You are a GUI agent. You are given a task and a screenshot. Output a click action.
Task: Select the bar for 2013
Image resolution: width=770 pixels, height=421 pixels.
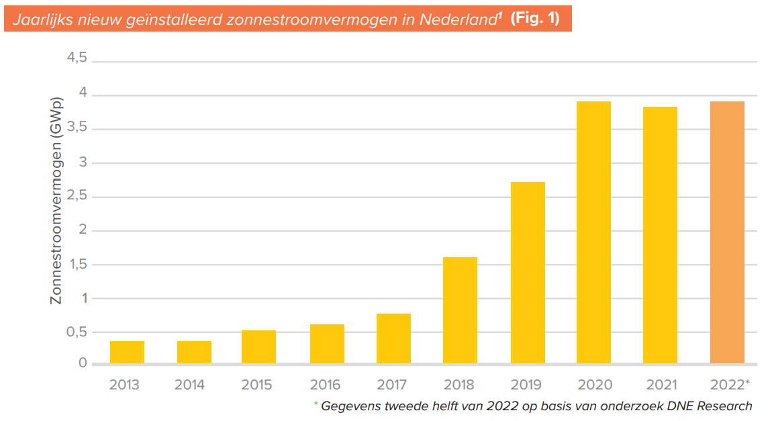(127, 352)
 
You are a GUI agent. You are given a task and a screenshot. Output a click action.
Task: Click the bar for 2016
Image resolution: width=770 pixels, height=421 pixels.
(327, 344)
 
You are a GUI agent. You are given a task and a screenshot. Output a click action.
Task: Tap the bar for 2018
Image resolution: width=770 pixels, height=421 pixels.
(460, 310)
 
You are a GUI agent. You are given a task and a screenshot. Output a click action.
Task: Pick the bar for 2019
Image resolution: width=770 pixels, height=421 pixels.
(527, 273)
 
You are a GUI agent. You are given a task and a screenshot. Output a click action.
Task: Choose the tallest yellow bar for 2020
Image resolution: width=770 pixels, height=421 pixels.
(593, 232)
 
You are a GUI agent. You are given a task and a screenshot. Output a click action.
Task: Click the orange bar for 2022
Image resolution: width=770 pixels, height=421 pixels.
(727, 232)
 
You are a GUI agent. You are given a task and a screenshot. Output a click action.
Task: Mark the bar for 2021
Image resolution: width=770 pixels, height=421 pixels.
(660, 235)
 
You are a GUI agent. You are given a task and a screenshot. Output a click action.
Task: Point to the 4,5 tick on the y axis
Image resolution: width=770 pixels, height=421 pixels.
(76, 58)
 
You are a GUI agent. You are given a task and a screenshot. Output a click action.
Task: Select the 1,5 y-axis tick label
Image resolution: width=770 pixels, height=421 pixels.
(76, 265)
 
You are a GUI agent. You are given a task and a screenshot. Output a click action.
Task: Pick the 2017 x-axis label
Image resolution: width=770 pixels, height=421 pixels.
(392, 385)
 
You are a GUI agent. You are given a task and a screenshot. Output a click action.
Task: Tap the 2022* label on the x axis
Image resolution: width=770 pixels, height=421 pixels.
(729, 385)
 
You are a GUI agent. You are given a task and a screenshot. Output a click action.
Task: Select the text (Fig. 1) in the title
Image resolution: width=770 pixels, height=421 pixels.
(534, 19)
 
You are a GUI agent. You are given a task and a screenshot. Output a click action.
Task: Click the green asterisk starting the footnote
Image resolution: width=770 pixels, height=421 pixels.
(316, 404)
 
